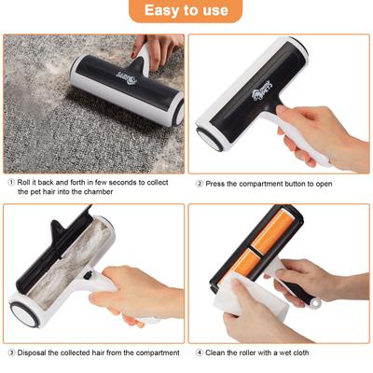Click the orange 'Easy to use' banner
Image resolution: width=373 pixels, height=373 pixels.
pos(186,12)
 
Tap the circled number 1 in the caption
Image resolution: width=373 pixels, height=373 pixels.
pos(10,183)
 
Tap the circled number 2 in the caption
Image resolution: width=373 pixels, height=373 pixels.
pos(199,183)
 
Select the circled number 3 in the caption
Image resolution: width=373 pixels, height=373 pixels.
pos(10,352)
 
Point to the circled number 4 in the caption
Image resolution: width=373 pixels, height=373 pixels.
pos(199,352)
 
